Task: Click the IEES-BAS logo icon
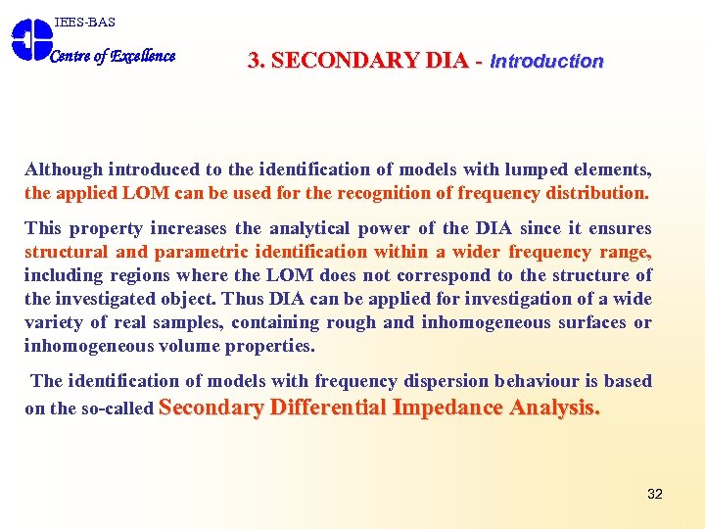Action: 30,39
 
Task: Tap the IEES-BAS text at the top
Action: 84,22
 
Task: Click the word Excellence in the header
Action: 143,56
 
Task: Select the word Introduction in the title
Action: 546,61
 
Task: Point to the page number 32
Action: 655,494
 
